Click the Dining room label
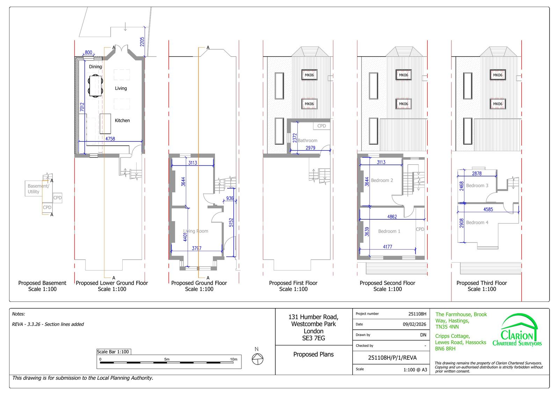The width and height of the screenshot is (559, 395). point(95,67)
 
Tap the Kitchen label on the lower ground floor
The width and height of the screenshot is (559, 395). point(122,120)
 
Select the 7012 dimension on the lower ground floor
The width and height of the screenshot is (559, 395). point(82,107)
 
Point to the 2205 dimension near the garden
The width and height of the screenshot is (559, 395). point(142,42)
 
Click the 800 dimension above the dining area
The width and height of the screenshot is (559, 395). point(88,52)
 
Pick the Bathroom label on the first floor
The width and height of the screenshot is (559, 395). point(307,140)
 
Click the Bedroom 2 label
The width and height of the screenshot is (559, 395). point(382,180)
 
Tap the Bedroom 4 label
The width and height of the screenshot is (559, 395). point(477,222)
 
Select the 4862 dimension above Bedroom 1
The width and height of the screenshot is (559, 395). point(392,217)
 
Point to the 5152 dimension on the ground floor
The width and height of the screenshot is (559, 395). point(231,222)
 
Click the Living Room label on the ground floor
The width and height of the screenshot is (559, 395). point(196,231)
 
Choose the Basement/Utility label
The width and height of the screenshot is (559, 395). point(38,189)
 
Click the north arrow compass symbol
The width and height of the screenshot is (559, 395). point(257,359)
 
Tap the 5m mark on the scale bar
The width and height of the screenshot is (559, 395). point(167,359)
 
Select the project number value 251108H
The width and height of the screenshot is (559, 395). point(417,314)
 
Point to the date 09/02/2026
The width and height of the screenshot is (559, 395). point(414,324)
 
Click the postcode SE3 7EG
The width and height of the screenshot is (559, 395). point(313,338)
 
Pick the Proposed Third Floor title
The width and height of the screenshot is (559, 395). point(482,283)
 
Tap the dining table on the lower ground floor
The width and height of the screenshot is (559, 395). point(95,86)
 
